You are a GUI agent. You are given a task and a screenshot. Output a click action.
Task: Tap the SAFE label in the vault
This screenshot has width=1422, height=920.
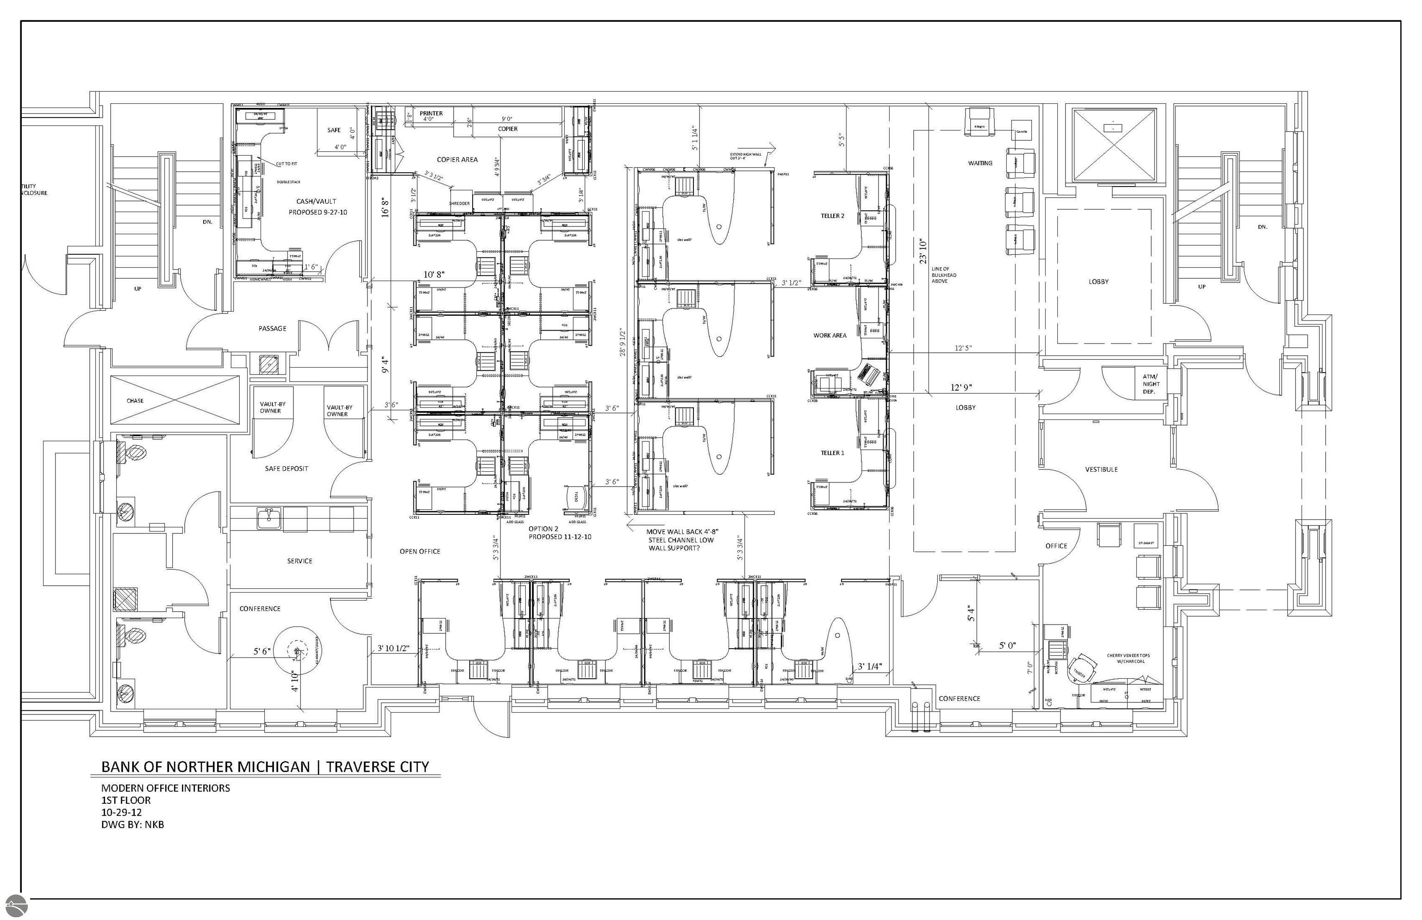tap(334, 130)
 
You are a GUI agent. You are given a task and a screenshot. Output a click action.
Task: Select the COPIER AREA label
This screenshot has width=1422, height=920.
tap(457, 159)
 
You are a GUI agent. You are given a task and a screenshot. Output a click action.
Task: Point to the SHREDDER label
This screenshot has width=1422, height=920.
tap(459, 204)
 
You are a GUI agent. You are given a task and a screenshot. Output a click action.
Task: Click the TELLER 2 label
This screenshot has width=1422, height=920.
tap(832, 216)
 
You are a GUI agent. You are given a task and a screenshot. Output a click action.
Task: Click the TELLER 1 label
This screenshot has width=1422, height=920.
tap(832, 453)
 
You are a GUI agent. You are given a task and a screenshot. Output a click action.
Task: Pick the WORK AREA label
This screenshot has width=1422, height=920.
tap(829, 336)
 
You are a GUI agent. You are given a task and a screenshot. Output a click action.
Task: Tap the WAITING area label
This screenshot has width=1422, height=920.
tap(980, 163)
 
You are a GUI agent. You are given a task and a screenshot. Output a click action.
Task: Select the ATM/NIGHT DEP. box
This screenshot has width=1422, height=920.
tap(1151, 384)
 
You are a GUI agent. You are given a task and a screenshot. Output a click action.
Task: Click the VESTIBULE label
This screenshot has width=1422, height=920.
tap(1101, 469)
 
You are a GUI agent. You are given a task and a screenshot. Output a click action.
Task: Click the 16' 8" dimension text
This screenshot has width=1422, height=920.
tap(386, 208)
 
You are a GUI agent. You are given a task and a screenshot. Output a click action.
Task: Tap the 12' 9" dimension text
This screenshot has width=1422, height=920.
tap(961, 388)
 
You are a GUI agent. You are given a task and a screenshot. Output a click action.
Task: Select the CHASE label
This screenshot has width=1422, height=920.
tap(135, 401)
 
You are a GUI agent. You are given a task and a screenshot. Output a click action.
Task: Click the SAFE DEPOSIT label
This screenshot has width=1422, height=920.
tap(287, 469)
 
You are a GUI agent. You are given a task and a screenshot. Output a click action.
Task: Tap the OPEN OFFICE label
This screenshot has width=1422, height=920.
tap(420, 551)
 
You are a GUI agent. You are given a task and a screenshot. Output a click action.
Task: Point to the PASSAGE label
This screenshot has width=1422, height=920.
tap(272, 329)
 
